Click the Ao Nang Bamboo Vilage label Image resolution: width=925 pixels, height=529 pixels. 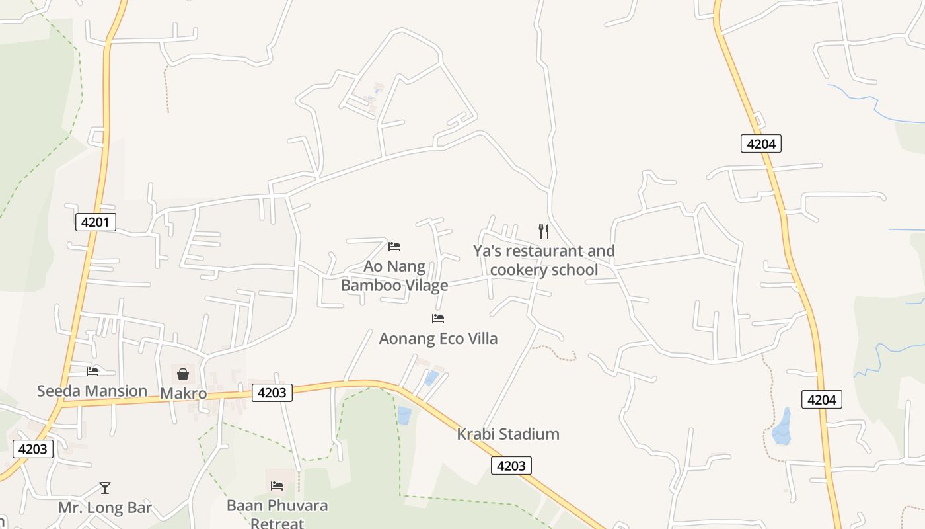394,276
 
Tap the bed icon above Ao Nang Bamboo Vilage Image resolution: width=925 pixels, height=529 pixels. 394,247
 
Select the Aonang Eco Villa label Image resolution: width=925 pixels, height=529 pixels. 438,339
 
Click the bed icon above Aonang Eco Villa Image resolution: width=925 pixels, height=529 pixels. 438,319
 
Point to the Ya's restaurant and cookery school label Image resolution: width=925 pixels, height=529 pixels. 544,261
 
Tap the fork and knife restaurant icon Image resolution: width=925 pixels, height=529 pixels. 544,231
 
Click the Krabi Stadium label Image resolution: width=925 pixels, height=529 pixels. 508,434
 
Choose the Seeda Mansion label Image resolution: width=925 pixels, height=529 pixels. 92,391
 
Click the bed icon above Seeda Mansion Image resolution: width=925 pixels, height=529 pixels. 92,372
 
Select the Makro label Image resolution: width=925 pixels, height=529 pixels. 183,394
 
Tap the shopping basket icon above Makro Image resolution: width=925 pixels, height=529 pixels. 183,374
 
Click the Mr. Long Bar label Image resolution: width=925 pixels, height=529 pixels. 105,508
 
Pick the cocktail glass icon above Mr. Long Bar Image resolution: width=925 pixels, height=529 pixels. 105,488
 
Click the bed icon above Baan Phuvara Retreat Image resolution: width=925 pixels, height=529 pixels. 277,486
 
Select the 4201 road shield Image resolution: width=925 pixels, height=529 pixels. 95,222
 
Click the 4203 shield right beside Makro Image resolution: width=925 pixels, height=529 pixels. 272,393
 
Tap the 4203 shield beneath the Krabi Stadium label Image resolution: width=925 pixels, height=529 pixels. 511,466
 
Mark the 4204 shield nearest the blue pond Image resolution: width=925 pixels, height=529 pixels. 822,399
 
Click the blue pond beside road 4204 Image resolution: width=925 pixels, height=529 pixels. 782,428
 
